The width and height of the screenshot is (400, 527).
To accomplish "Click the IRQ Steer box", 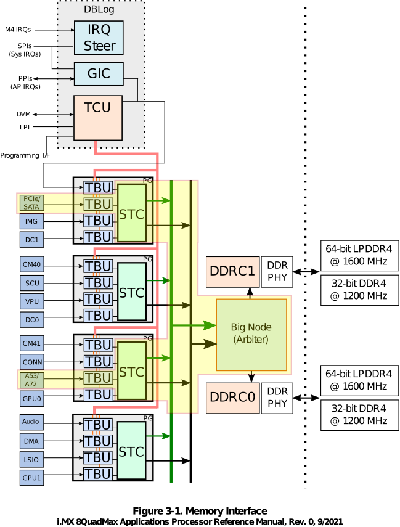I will point(99,38).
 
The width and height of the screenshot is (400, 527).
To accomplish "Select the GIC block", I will point(99,74).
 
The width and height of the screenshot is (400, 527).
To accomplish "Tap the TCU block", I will point(97,117).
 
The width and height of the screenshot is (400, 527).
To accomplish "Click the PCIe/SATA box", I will point(31,203).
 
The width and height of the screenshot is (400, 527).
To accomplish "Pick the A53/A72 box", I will point(31,379).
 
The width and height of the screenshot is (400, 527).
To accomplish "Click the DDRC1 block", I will point(232,271).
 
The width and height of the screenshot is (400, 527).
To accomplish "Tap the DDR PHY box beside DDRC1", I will point(277,271).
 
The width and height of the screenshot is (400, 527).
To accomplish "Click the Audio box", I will point(31,423).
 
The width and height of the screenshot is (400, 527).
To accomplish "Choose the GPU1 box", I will point(31,476).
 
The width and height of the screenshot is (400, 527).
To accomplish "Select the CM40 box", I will point(31,266).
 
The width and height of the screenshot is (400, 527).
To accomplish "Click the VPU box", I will point(31,301).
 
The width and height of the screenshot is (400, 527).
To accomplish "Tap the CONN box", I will point(31,362).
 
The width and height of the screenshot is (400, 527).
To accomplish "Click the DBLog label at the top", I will point(99,10).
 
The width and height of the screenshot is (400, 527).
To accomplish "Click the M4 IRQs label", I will point(18,29).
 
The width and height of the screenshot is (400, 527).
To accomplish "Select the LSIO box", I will point(31,459).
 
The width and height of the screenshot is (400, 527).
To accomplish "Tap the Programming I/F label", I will point(25,156).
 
